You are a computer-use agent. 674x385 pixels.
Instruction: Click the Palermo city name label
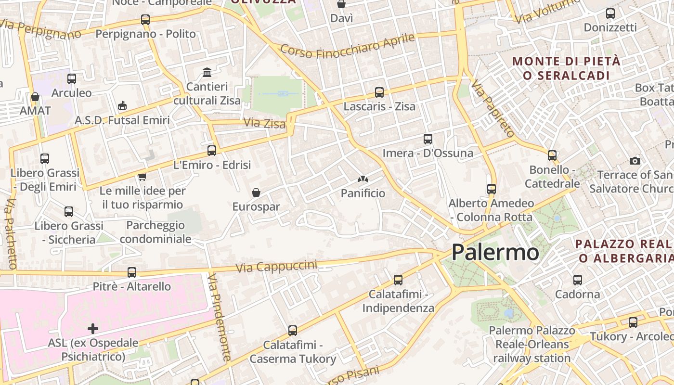(x=495, y=252)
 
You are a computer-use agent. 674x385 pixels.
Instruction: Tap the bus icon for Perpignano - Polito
(x=145, y=20)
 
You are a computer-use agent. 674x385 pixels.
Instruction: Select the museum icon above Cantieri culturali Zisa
(x=207, y=73)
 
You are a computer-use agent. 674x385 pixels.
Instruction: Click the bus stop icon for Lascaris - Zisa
(x=379, y=92)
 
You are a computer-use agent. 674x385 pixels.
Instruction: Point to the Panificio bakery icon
(x=363, y=180)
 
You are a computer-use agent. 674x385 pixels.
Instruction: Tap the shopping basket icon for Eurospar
(x=256, y=192)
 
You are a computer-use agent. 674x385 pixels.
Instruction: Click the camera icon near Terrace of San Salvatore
(x=635, y=161)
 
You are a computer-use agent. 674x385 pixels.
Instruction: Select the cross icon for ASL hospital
(x=93, y=329)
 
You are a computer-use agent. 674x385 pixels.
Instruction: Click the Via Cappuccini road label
(x=277, y=266)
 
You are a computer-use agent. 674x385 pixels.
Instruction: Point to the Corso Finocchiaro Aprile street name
(x=347, y=46)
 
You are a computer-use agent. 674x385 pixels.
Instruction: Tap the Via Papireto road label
(x=493, y=108)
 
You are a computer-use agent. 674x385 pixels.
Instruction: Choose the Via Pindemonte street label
(x=220, y=318)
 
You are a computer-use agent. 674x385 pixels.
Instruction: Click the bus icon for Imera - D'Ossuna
(x=428, y=139)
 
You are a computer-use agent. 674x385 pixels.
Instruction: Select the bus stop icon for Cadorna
(x=578, y=280)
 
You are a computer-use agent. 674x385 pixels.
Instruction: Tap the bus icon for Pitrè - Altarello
(x=132, y=272)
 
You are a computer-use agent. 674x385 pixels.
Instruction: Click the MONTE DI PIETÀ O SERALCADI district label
(x=567, y=68)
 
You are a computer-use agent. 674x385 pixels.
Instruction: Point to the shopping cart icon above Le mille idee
(x=142, y=177)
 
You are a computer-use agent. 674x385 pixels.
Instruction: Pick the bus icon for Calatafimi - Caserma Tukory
(x=293, y=331)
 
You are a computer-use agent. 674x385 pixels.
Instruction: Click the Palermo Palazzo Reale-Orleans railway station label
(x=532, y=344)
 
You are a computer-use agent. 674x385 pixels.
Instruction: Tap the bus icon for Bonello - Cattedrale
(x=552, y=155)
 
